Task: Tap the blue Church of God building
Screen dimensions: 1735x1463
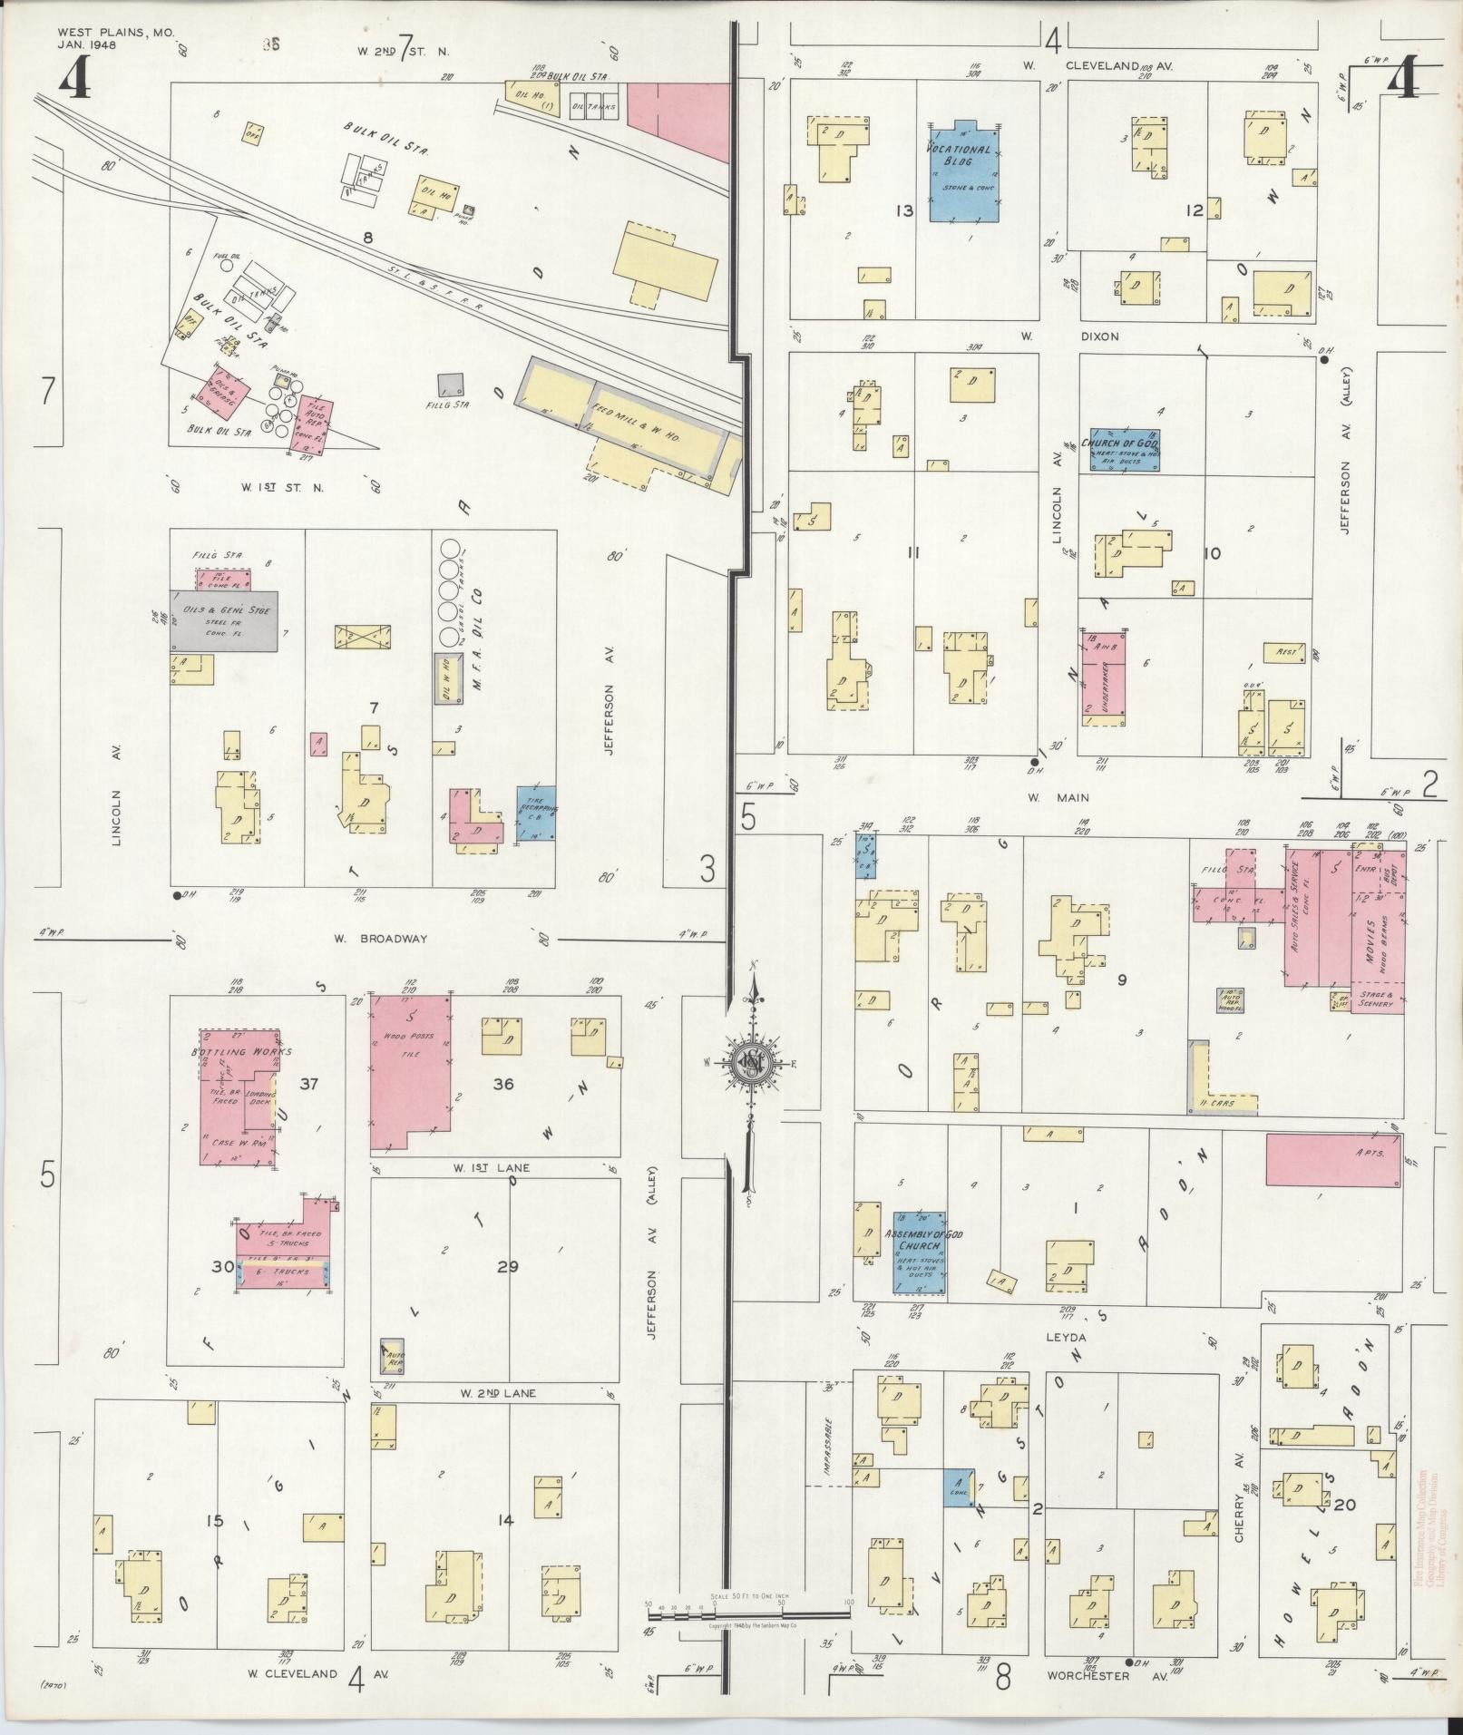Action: (1124, 449)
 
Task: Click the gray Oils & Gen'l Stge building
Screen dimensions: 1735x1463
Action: (223, 620)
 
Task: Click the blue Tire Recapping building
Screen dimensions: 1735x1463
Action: (535, 813)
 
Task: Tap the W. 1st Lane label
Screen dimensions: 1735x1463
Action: (493, 1168)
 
